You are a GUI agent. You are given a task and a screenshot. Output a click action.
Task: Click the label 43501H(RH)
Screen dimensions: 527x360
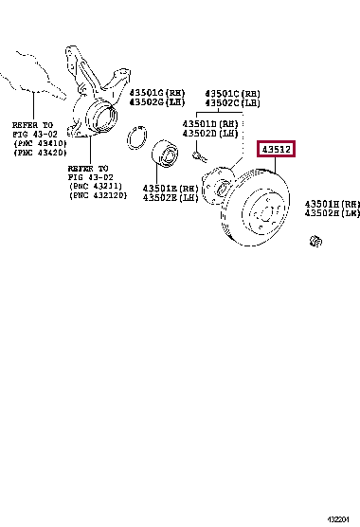point(333,204)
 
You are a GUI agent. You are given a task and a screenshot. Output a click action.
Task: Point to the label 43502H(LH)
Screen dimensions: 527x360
point(333,213)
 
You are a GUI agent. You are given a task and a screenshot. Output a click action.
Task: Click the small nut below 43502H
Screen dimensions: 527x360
point(315,245)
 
